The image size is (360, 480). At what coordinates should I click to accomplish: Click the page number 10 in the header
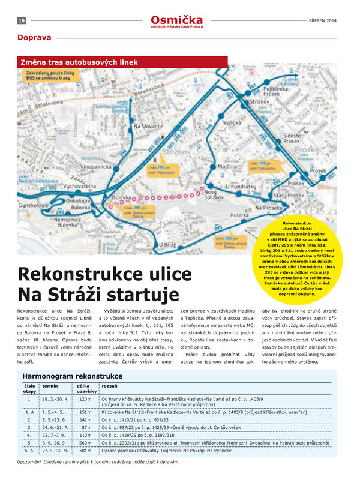(20, 20)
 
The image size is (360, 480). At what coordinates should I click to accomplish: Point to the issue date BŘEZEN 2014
(323, 20)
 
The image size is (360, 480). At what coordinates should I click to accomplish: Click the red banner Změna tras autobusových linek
(77, 62)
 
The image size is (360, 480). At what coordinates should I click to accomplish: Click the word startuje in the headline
(145, 295)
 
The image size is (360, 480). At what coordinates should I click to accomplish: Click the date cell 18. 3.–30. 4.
(55, 398)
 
